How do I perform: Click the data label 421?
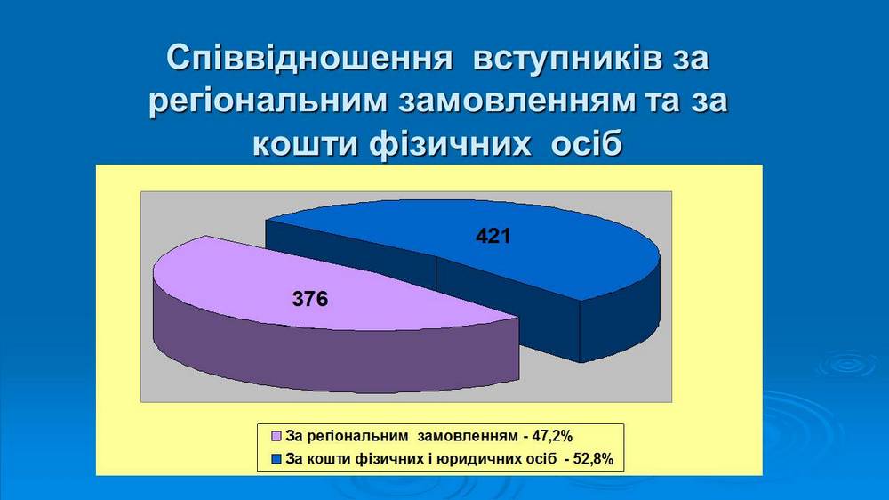(x=493, y=236)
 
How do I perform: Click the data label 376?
(x=310, y=299)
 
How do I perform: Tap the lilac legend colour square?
(x=277, y=437)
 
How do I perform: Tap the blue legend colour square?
(x=277, y=458)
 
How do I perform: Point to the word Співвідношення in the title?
(x=309, y=59)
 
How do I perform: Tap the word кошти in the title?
(x=305, y=144)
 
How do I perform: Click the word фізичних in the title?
(x=450, y=144)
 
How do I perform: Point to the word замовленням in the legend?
(x=468, y=436)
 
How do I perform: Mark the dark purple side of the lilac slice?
(x=334, y=352)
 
